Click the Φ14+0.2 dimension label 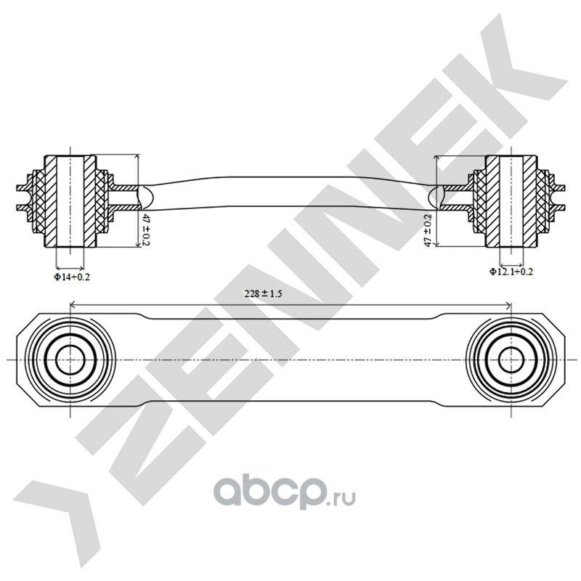coord(71,276)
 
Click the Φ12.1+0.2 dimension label coord(511,272)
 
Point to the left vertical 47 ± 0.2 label coord(146,228)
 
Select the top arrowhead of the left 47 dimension coord(138,157)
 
